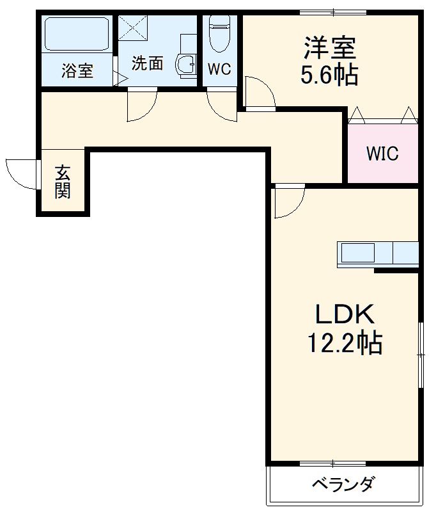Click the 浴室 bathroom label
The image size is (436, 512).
[x=77, y=71]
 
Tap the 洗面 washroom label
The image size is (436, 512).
[x=147, y=63]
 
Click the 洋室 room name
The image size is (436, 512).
[x=329, y=49]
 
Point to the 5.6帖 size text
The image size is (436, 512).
[x=329, y=76]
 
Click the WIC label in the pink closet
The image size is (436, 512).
[x=382, y=154]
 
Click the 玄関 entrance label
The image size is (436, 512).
[x=62, y=182]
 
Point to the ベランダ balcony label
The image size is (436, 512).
[x=343, y=484]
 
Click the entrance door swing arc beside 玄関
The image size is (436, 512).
[x=20, y=173]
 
